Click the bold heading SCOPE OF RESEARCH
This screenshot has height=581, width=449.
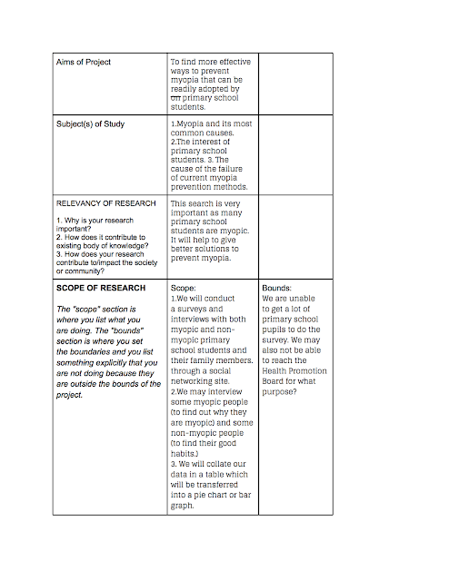click(101, 288)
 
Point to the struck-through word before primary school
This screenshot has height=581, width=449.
click(176, 99)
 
